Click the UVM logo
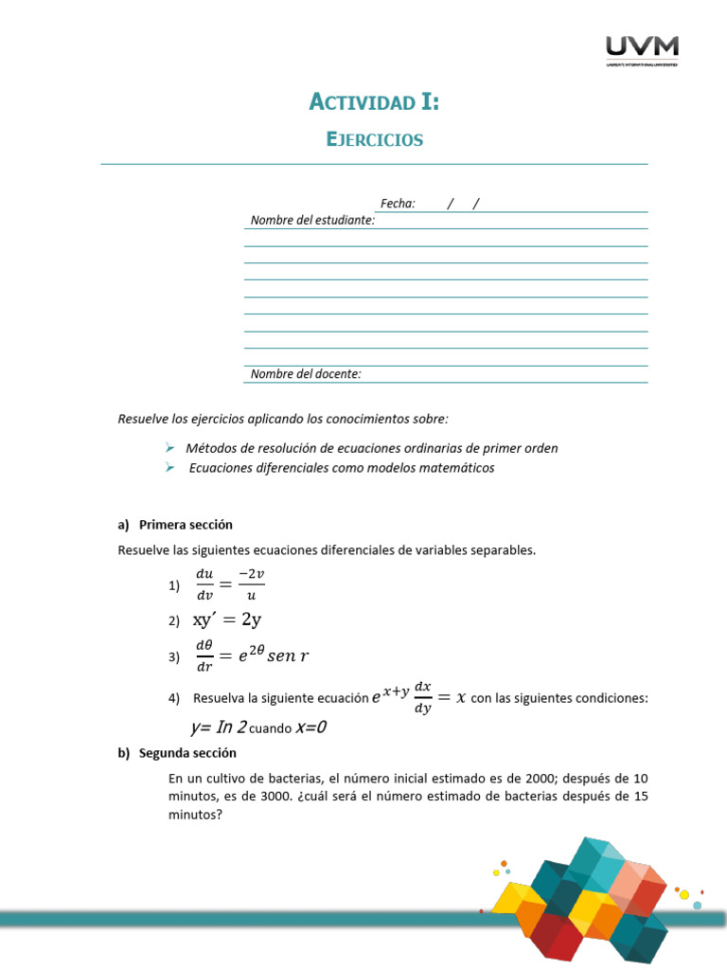click(x=641, y=50)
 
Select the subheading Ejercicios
click(x=374, y=140)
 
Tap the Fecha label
click(x=398, y=204)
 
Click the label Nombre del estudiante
click(x=312, y=221)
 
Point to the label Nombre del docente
click(x=306, y=374)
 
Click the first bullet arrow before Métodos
click(x=169, y=447)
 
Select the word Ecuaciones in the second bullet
click(x=223, y=468)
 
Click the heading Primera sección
click(x=185, y=525)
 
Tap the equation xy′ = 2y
click(x=227, y=620)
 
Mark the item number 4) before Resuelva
click(x=174, y=699)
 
